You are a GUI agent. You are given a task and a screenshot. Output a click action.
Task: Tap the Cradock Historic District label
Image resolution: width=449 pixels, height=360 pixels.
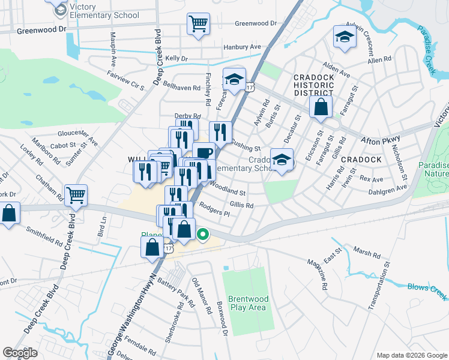tap(313, 85)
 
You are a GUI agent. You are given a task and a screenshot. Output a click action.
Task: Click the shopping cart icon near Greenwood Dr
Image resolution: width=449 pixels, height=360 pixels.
tap(198, 24)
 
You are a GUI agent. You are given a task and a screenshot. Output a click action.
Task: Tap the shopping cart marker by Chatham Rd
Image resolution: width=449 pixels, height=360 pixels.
tap(76, 194)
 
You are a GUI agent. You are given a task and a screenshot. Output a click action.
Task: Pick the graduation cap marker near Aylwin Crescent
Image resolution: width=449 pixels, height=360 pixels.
tap(345, 37)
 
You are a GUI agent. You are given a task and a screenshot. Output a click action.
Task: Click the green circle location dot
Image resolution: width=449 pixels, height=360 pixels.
tap(203, 235)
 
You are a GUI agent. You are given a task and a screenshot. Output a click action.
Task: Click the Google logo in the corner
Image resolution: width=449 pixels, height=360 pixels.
tap(20, 353)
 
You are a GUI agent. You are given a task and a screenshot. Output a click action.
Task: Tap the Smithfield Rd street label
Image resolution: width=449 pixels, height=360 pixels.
tap(43, 237)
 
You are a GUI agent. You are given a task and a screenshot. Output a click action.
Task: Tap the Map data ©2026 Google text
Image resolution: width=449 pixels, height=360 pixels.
tap(411, 355)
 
